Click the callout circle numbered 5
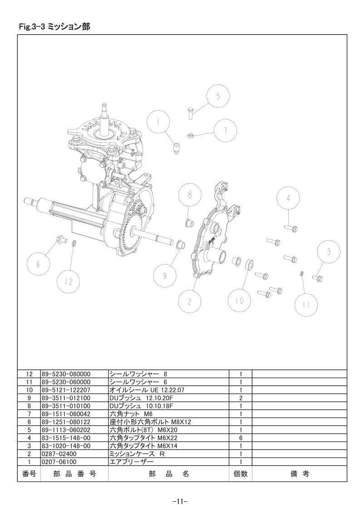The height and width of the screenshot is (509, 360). pyautogui.click(x=218, y=96)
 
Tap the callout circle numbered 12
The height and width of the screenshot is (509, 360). pyautogui.click(x=69, y=282)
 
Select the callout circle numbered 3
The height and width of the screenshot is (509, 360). pyautogui.click(x=329, y=252)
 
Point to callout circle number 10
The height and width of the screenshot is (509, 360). pyautogui.click(x=239, y=300)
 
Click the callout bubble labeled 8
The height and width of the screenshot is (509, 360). pyautogui.click(x=190, y=195)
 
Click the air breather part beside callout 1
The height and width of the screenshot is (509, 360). pyautogui.click(x=177, y=148)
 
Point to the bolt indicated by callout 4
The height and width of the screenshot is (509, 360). pyautogui.click(x=291, y=228)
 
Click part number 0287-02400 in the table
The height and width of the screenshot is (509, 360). pyautogui.click(x=59, y=454)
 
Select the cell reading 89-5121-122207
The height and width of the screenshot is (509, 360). pyautogui.click(x=66, y=390)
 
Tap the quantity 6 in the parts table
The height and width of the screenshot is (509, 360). pyautogui.click(x=241, y=438)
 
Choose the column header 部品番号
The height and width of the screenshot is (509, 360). pyautogui.click(x=75, y=474)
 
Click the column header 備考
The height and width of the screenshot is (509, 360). pyautogui.click(x=300, y=474)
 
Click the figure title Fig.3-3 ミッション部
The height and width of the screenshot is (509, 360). pyautogui.click(x=54, y=27)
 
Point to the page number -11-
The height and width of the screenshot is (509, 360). pyautogui.click(x=180, y=501)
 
